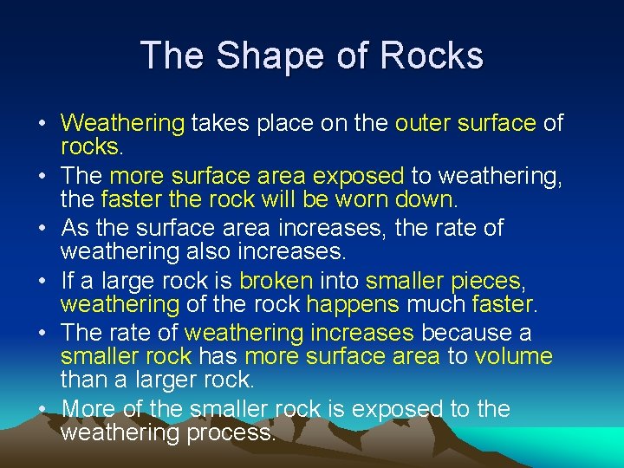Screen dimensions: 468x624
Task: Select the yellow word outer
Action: click(x=422, y=124)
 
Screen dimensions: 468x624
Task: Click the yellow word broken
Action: click(x=276, y=281)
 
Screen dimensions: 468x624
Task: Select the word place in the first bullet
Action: click(x=260, y=124)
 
